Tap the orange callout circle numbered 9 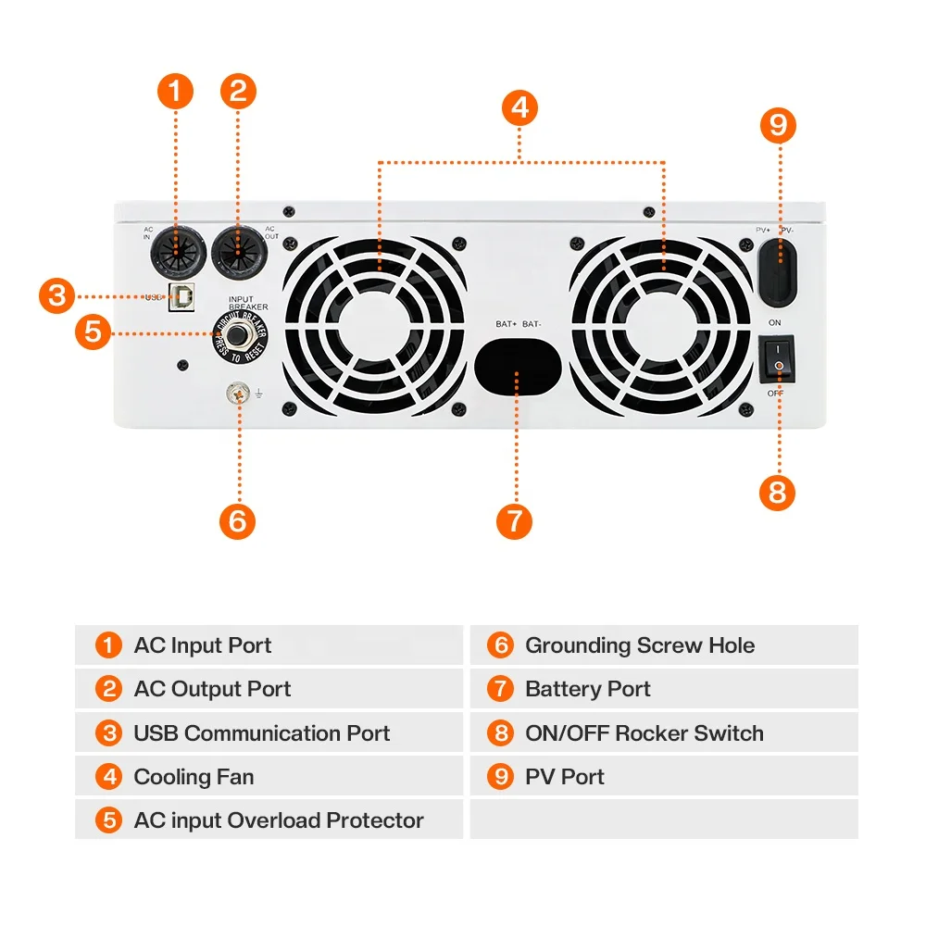777,125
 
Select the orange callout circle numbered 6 237,520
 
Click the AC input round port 177,251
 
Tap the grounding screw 238,395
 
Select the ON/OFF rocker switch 779,361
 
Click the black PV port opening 778,269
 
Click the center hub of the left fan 375,326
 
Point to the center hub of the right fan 662,326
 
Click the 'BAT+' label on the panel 506,324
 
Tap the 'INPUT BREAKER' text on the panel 248,303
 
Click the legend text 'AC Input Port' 203,645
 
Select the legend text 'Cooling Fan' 194,777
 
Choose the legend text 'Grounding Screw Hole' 640,645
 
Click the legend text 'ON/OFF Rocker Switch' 644,733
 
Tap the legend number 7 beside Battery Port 500,689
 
